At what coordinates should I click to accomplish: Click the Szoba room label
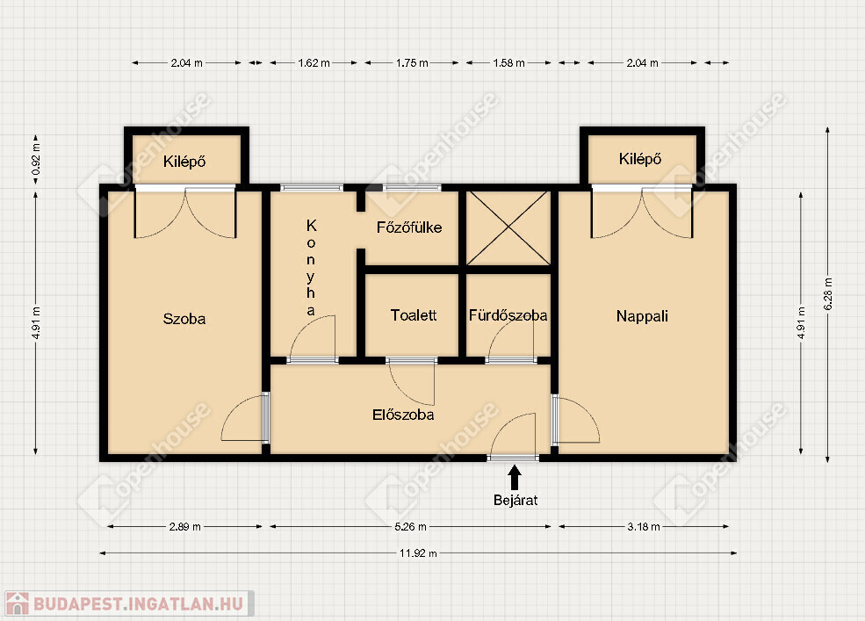[x=184, y=319]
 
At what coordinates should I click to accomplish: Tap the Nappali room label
[x=642, y=316]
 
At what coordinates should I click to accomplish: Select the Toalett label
[x=414, y=315]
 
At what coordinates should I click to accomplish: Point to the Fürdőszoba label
[x=508, y=315]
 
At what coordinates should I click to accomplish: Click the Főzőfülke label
[x=409, y=227]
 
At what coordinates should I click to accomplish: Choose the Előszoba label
[x=403, y=415]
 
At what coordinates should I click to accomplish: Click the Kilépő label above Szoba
[x=184, y=162]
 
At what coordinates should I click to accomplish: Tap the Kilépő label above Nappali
[x=640, y=160]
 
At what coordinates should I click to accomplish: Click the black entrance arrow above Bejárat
[x=515, y=478]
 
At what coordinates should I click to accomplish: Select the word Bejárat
[x=515, y=500]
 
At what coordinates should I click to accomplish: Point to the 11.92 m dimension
[x=418, y=553]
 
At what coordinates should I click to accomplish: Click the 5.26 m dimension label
[x=410, y=527]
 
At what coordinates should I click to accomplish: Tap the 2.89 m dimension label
[x=184, y=527]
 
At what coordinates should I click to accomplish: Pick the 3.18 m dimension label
[x=644, y=527]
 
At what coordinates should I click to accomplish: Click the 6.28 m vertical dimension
[x=828, y=293]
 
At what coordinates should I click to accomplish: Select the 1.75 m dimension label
[x=412, y=63]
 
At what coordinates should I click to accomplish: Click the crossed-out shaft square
[x=508, y=228]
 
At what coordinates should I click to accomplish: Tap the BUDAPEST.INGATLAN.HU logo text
[x=139, y=603]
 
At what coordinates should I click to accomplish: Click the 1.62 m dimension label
[x=314, y=63]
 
